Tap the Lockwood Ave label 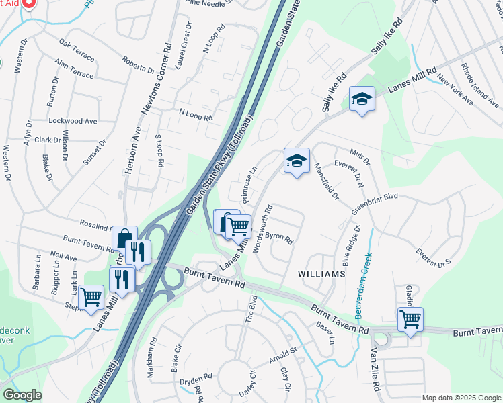click(x=73, y=121)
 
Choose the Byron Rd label click(x=279, y=238)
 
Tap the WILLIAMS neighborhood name click(x=322, y=274)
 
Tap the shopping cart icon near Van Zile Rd click(x=410, y=319)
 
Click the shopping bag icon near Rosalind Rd click(x=124, y=238)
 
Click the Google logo click(x=22, y=395)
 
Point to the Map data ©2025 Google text click(x=461, y=398)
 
